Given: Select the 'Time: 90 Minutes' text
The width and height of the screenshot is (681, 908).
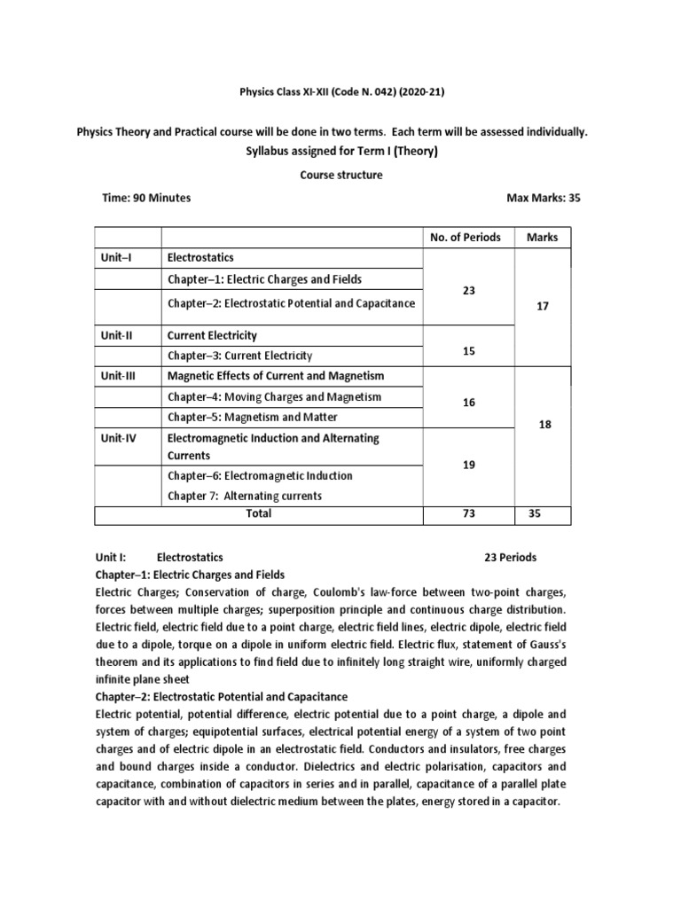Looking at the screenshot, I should [x=146, y=198].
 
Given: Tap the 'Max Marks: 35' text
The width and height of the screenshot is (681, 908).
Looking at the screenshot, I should [x=543, y=198].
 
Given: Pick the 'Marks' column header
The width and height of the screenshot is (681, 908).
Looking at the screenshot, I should [x=542, y=237].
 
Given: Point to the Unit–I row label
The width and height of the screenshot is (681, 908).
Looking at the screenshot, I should [x=116, y=257].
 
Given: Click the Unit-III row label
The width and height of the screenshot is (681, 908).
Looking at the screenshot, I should [x=119, y=377].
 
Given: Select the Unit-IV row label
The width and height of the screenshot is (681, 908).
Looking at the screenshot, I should [x=119, y=438].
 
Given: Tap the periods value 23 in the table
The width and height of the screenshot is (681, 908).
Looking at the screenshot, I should [x=469, y=290].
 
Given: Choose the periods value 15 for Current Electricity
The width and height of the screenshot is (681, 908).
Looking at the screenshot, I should [x=469, y=351].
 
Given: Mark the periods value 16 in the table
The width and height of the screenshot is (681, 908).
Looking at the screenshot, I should [x=469, y=403].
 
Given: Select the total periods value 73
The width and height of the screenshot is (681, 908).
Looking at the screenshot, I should [x=469, y=513].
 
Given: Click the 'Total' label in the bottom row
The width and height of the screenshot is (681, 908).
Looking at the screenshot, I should [x=259, y=513].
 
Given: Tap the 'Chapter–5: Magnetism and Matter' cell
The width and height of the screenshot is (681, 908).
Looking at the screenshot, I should [x=253, y=417].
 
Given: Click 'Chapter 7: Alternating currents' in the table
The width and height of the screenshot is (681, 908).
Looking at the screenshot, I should [x=245, y=496].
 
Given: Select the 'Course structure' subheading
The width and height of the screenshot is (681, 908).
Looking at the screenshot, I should [x=340, y=175].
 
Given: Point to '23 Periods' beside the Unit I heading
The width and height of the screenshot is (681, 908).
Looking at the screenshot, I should [x=511, y=558].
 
